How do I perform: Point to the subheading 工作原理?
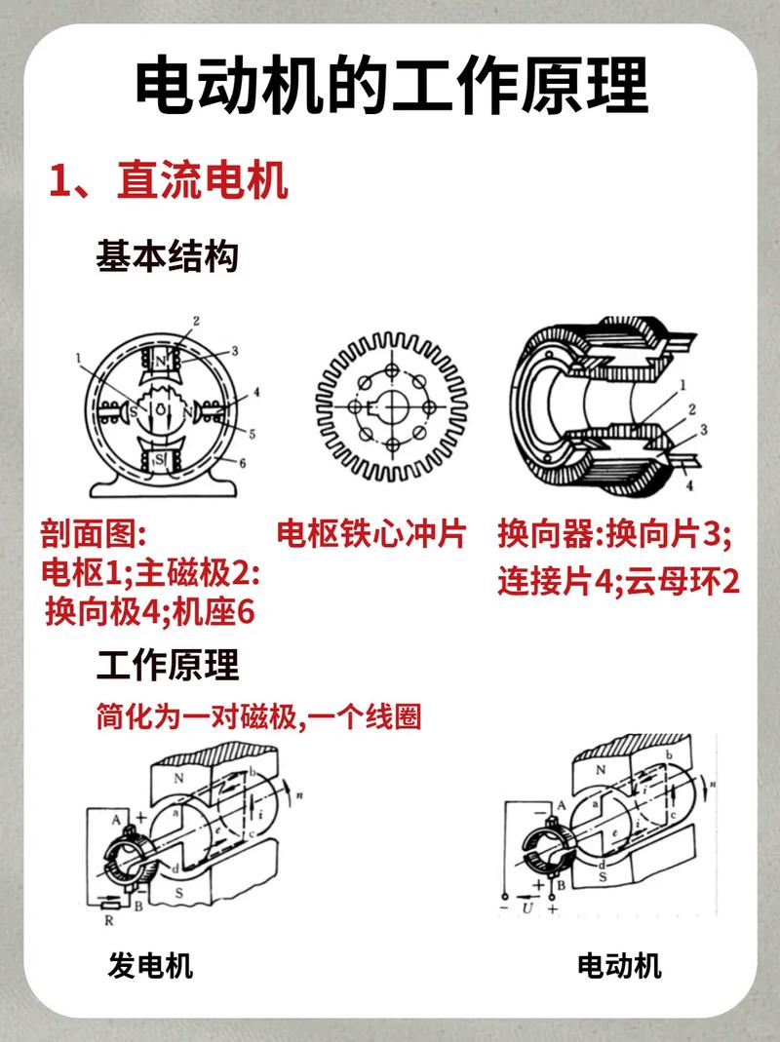(167, 666)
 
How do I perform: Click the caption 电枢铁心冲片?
(371, 534)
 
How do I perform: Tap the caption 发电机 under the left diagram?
(150, 966)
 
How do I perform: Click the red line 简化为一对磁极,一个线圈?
(258, 717)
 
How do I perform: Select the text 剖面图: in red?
(92, 534)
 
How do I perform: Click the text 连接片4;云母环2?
(618, 582)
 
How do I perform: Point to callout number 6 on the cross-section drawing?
(243, 464)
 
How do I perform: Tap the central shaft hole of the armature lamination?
(392, 404)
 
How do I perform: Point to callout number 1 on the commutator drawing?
(683, 384)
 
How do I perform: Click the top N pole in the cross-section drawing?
(160, 362)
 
